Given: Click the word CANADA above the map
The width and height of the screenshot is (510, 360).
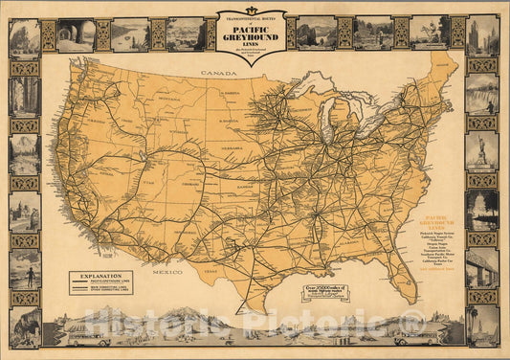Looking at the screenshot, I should (211, 73).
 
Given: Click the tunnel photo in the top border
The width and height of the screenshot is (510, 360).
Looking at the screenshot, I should (76, 35).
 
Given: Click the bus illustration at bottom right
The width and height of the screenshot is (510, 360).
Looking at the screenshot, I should (427, 337).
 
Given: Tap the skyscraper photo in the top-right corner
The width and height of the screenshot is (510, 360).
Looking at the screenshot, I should (482, 35).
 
